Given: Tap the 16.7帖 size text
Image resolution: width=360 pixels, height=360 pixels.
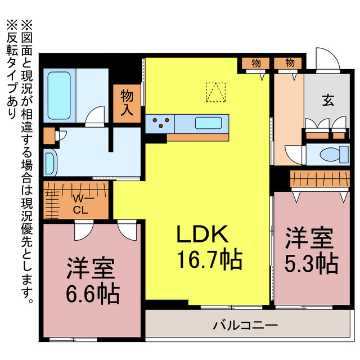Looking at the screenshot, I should point(209,259).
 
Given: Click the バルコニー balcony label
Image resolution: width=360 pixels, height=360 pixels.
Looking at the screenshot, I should point(245,325).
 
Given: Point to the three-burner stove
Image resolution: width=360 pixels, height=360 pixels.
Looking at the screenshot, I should point(160,123).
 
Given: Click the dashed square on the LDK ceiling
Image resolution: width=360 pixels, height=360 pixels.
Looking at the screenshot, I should point(214,93).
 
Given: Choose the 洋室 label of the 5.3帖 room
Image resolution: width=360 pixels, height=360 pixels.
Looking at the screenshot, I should point(308,238).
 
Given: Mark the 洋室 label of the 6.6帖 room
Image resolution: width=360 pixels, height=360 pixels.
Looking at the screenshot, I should point(91,269).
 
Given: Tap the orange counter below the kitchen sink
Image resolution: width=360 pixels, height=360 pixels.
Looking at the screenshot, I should point(200,137).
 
